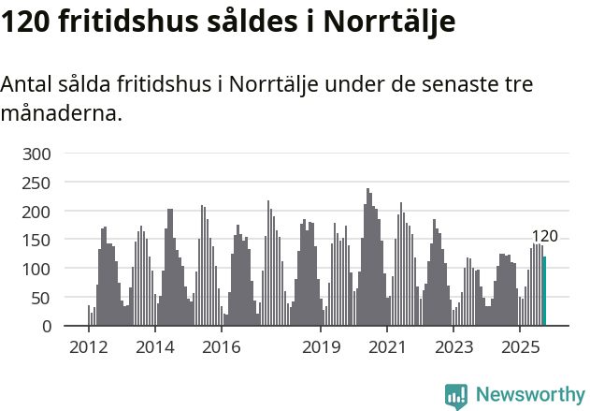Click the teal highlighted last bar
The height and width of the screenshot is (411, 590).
(544, 291)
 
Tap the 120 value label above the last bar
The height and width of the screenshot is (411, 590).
(544, 236)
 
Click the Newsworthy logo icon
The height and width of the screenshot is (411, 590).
(456, 395)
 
